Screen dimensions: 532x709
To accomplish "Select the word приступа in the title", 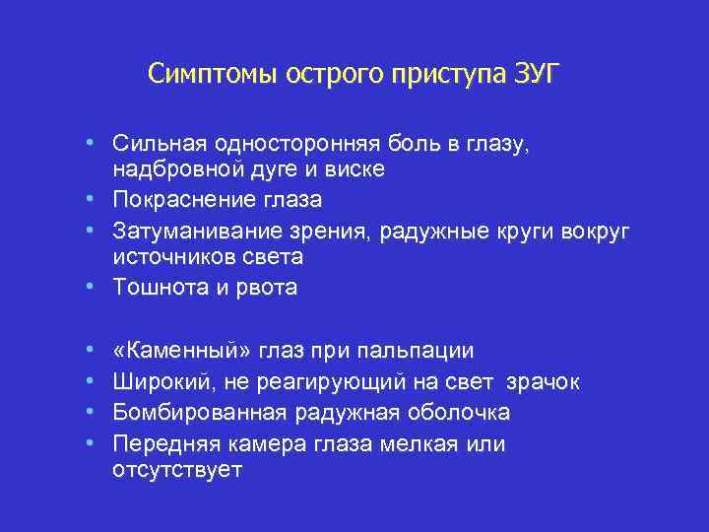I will (x=450, y=74).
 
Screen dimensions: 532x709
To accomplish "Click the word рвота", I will (x=266, y=287).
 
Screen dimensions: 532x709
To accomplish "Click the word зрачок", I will (x=544, y=381).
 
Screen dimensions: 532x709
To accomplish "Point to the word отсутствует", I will (x=177, y=469).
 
